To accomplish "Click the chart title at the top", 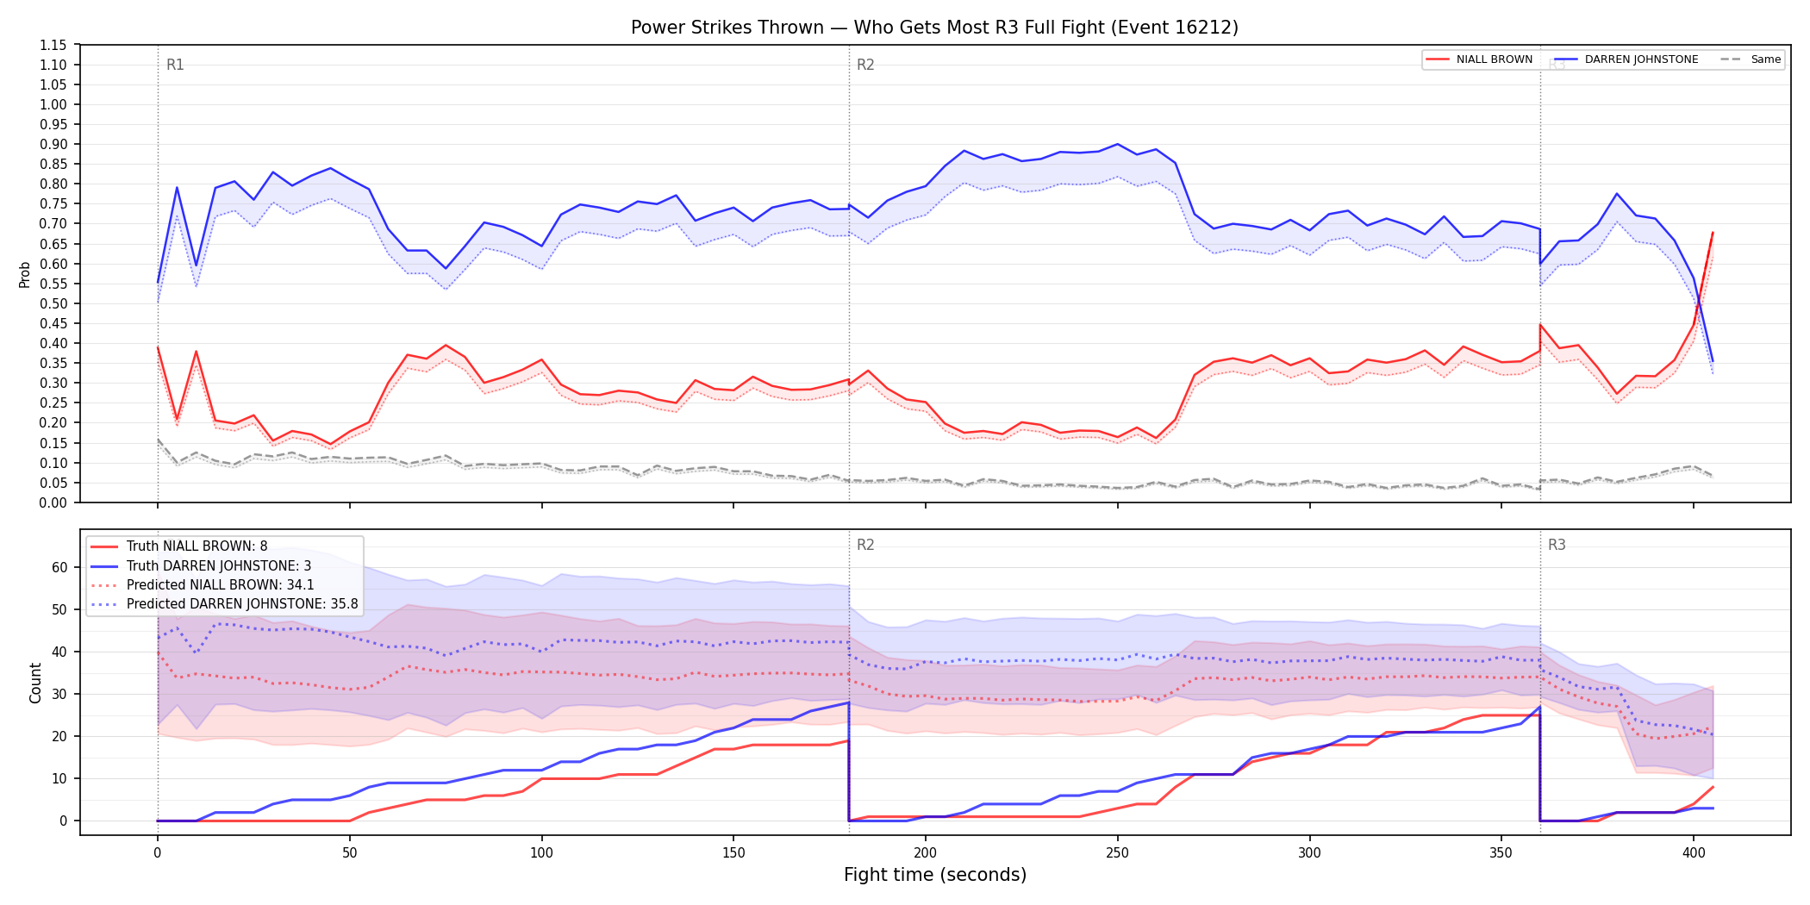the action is coord(934,28).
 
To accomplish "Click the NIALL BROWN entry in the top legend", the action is coord(1479,59).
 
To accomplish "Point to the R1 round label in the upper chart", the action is coord(175,65).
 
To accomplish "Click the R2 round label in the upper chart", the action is coord(865,65).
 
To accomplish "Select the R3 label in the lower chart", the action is coord(1557,545).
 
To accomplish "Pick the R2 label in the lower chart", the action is coord(865,545).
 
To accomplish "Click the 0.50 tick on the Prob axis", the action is coord(54,303).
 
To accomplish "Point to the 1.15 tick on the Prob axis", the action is coord(54,45).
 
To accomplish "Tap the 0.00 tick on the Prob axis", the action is coord(54,502).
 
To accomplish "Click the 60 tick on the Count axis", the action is coord(59,567).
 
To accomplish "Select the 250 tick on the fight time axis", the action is coord(1118,853).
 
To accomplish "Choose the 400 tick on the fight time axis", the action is coord(1694,853).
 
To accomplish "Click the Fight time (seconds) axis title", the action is coord(935,875).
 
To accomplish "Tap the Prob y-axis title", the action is coord(25,274).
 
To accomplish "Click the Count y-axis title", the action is coord(35,683).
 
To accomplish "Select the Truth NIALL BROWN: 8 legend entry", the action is coord(197,546).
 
